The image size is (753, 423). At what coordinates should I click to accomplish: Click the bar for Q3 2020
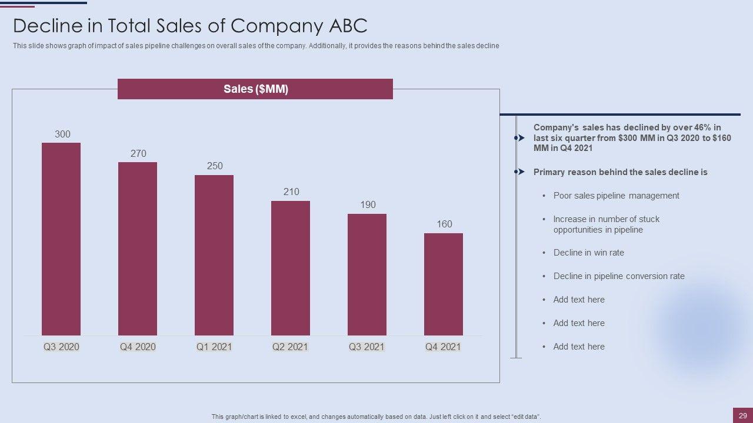pos(61,239)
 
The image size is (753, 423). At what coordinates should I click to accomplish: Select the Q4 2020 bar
pos(138,249)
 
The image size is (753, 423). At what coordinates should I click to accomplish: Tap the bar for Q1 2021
pos(214,255)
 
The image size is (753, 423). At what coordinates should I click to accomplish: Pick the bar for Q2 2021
pos(291,268)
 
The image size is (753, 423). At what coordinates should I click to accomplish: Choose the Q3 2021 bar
pos(367,274)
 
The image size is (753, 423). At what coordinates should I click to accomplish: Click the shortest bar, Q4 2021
pos(444,284)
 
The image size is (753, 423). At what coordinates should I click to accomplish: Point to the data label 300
pos(62,135)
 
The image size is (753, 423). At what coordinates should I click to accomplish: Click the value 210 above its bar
pos(291,192)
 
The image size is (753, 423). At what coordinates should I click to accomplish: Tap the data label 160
pos(444,224)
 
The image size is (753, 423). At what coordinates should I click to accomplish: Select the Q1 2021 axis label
pos(214,347)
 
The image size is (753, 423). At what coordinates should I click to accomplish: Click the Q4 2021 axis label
pos(443,347)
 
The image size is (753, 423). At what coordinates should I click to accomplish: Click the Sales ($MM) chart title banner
pos(255,89)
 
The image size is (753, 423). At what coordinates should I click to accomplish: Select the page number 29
pos(743,416)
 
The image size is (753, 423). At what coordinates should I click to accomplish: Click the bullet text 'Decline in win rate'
pos(588,253)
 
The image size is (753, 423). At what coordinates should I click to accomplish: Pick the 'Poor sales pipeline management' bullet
pos(616,196)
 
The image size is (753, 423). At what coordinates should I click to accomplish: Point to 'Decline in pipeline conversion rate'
pos(619,276)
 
